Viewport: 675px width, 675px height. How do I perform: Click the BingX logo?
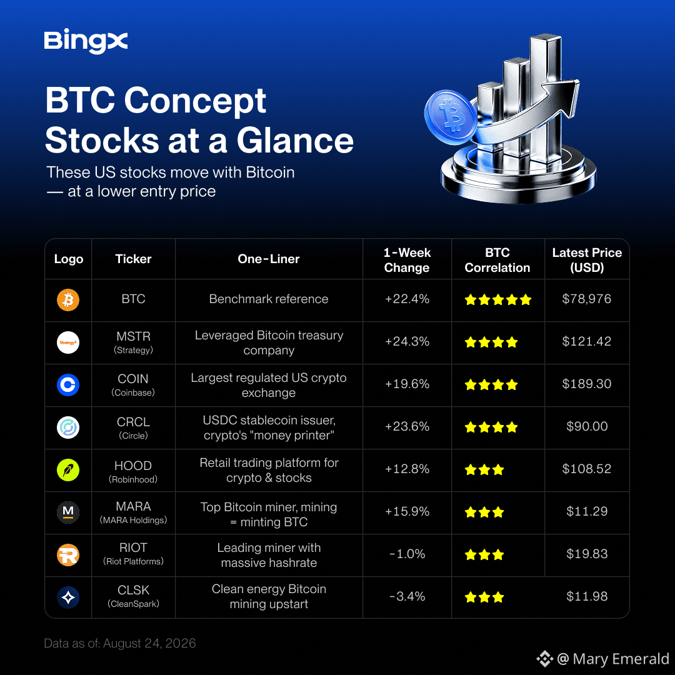coord(86,41)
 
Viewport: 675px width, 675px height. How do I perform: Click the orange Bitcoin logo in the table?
coord(68,299)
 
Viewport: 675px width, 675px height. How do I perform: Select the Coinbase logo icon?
coord(68,385)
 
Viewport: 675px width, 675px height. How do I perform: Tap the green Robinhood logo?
coord(68,469)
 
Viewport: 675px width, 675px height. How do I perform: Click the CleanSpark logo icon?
coord(68,597)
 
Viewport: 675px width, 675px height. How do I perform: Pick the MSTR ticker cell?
coord(134,342)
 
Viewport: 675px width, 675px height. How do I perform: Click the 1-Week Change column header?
coord(407,260)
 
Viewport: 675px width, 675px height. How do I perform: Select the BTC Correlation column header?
coord(497,260)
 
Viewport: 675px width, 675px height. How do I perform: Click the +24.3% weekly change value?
coord(407,341)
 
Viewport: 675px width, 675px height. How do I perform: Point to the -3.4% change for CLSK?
coord(407,596)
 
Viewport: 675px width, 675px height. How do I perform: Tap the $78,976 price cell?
coord(586,299)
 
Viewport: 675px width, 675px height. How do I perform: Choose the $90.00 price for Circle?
coord(587,426)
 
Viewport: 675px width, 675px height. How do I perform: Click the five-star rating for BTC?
coord(498,299)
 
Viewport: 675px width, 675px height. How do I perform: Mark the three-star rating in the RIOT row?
coord(484,554)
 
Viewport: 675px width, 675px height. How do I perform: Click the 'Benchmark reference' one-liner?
coord(269,299)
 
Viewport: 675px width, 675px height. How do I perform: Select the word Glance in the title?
coord(295,141)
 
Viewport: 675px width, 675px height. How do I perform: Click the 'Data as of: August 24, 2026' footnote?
coord(120,643)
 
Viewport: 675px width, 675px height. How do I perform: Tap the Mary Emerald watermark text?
coord(612,659)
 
